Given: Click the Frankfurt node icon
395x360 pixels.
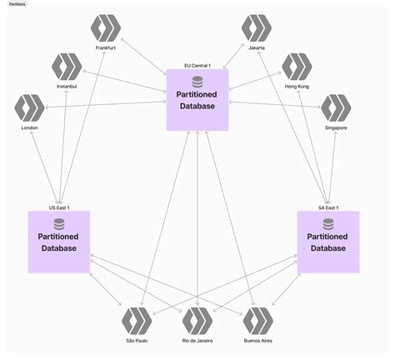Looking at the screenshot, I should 106,28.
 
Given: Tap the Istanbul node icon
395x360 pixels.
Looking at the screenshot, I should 66,67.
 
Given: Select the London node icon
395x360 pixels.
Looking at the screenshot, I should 30,108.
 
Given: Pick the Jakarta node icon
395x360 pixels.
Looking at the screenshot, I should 257,28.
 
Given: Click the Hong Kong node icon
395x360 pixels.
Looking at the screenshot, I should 297,67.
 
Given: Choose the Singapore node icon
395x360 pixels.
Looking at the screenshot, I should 336,108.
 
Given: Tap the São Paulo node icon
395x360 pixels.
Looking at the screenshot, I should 137,321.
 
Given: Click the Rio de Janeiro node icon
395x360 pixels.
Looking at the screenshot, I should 197,321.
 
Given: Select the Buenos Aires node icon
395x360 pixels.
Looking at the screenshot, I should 257,321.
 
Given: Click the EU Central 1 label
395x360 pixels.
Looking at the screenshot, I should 197,65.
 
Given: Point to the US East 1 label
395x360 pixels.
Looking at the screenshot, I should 58,207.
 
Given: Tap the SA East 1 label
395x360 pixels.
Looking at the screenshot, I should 327,207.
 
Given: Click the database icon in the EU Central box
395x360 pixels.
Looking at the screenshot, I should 197,82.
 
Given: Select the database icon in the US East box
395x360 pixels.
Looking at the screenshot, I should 59,223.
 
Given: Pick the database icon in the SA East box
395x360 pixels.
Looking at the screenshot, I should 327,223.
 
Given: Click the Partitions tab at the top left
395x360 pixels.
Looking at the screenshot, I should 17,4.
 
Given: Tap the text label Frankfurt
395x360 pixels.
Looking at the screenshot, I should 106,48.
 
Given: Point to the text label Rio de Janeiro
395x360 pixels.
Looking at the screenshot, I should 197,341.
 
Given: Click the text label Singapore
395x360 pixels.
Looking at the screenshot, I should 336,127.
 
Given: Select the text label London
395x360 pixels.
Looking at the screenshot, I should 30,127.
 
